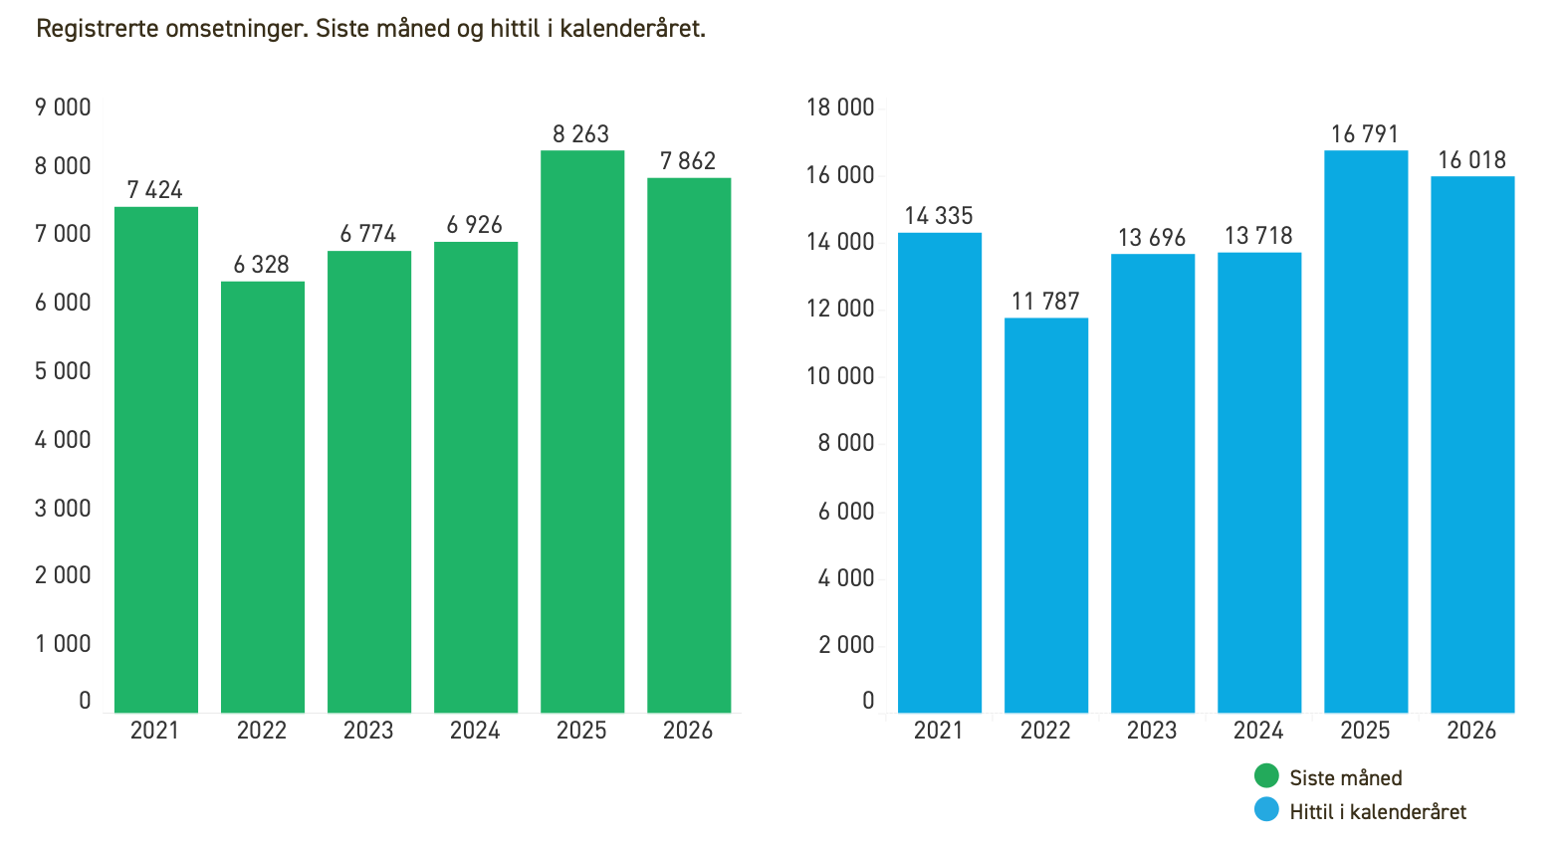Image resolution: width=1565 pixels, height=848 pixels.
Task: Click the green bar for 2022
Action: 263,498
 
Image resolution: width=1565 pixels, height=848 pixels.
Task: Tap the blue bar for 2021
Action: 939,473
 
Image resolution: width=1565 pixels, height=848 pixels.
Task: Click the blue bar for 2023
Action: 1153,484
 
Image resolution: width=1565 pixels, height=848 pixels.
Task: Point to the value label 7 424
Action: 155,190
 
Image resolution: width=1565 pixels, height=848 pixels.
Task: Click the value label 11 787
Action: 1045,302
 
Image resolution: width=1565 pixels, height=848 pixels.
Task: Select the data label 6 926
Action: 475,225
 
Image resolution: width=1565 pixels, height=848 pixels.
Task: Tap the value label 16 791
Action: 1365,134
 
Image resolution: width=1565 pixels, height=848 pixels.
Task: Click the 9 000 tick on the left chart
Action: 63,107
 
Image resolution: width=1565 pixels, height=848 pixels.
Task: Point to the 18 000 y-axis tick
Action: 840,107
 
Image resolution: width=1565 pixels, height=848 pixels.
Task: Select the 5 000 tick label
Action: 63,371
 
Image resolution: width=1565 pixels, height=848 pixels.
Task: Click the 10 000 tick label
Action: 840,376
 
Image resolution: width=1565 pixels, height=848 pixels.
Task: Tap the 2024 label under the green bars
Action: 475,731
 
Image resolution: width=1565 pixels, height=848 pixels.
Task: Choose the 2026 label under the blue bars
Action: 1471,731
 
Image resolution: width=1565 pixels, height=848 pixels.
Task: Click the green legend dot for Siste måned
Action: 1266,776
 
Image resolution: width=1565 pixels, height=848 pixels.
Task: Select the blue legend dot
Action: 1266,810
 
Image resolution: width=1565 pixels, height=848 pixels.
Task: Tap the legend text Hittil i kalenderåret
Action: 1378,812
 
